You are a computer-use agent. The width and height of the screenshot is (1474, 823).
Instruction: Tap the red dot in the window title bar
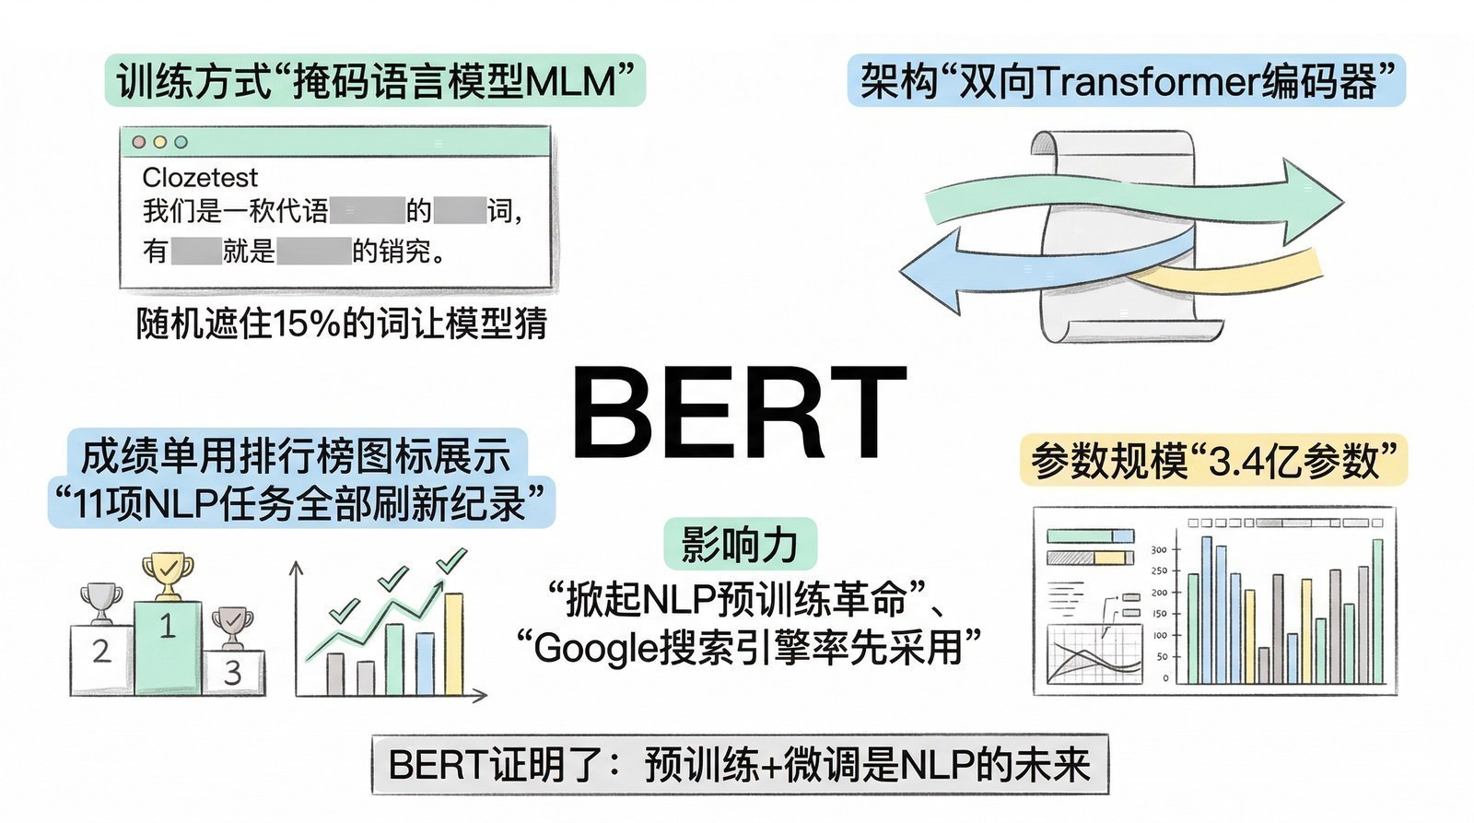pyautogui.click(x=139, y=142)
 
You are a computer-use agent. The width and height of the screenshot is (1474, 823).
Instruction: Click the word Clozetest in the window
pyautogui.click(x=200, y=177)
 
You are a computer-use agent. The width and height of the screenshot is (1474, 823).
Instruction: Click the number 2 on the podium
pyautogui.click(x=101, y=652)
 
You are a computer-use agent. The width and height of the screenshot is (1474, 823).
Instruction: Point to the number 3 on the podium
pyautogui.click(x=233, y=672)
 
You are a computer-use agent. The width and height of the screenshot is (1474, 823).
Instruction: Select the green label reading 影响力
pyautogui.click(x=740, y=544)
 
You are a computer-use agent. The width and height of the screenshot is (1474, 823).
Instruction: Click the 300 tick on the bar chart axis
pyautogui.click(x=1158, y=550)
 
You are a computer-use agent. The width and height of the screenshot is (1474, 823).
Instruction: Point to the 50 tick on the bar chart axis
pyautogui.click(x=1162, y=657)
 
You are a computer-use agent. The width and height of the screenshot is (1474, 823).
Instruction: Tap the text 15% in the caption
pyautogui.click(x=307, y=323)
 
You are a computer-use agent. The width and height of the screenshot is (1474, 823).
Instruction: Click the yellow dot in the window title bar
pyautogui.click(x=160, y=142)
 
